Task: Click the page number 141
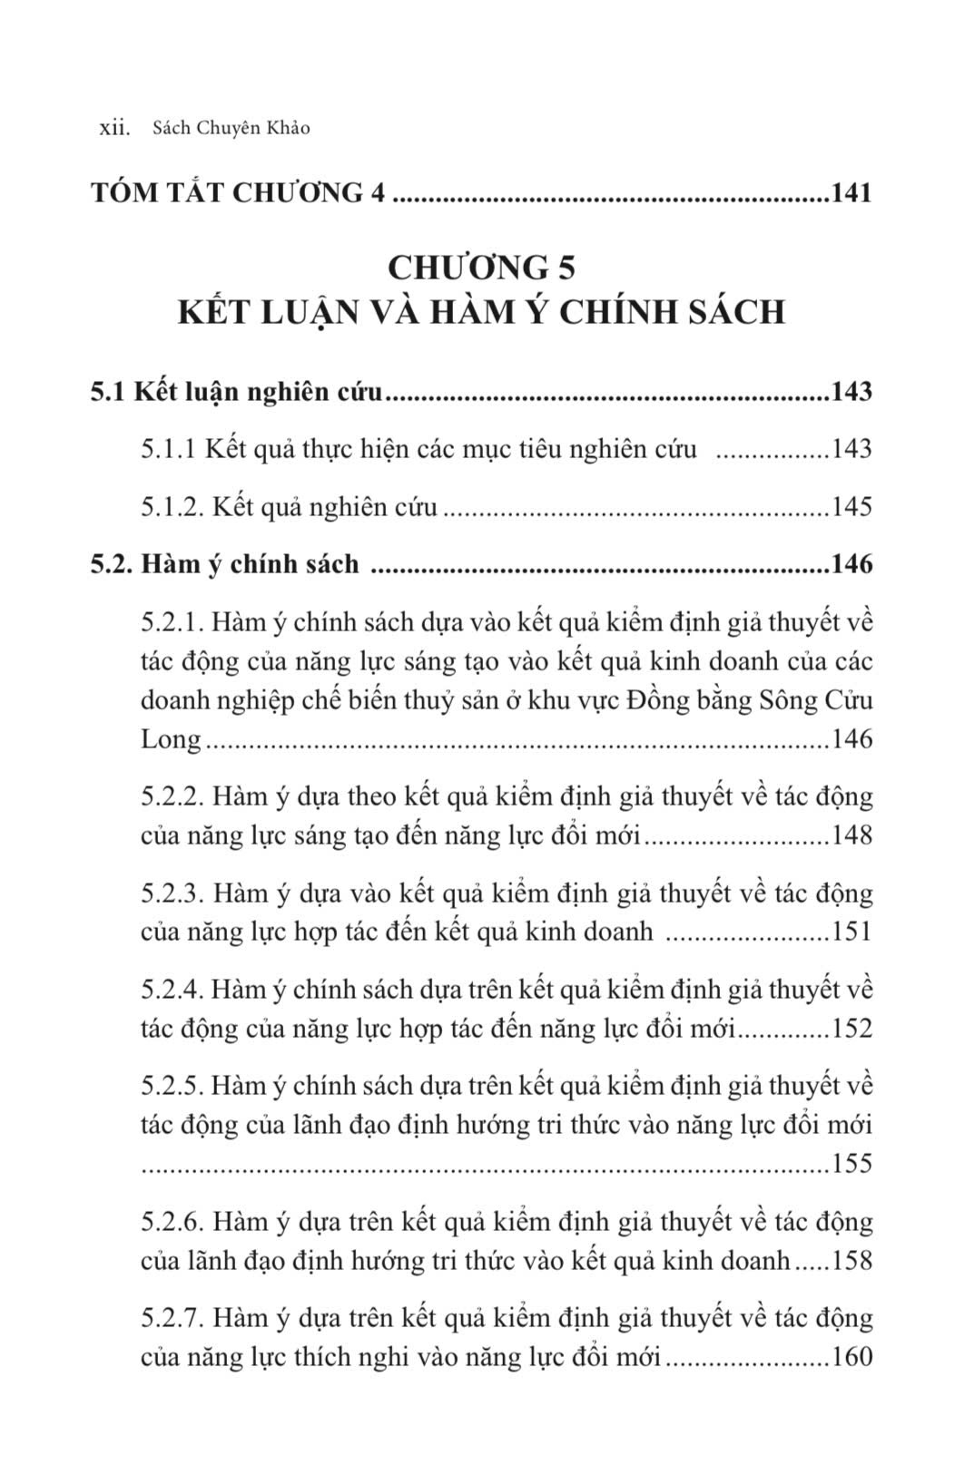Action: click(851, 193)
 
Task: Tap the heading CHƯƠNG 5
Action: click(481, 268)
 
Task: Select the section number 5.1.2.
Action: click(172, 507)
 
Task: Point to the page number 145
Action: click(852, 507)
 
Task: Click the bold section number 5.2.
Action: click(112, 564)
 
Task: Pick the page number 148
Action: click(852, 835)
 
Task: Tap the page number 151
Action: click(852, 932)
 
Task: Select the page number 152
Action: click(852, 1029)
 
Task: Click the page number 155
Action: click(852, 1164)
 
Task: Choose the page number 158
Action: click(852, 1261)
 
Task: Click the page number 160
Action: click(852, 1357)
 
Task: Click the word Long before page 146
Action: click(171, 739)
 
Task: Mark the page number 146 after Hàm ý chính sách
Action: click(852, 564)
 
